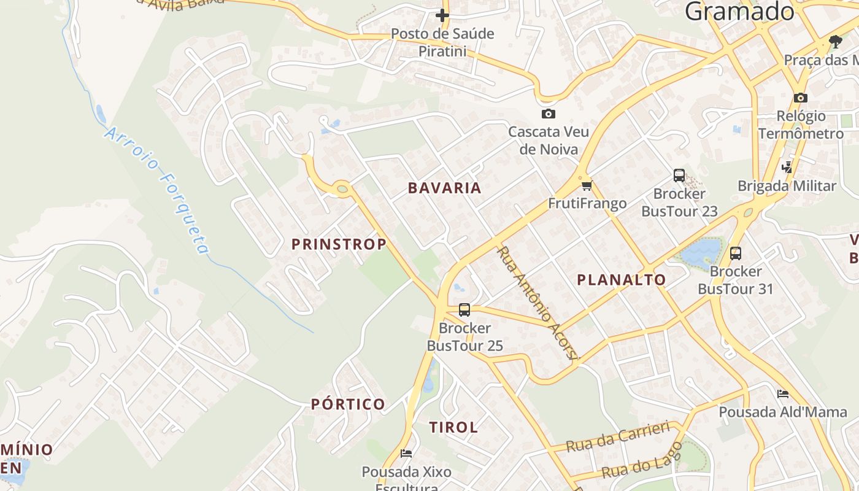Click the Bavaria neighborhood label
pos(445,188)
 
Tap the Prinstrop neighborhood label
pos(339,244)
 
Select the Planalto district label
pos(622,280)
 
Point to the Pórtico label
pos(348,404)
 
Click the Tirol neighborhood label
pos(453,427)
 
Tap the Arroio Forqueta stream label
pos(157,191)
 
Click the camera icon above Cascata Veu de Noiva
pos(549,114)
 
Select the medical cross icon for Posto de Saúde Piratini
pos(442,15)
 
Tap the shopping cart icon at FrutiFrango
pos(587,185)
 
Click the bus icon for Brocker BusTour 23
pos(679,176)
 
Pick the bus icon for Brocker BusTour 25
pos(464,310)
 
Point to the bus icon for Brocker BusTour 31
pos(736,253)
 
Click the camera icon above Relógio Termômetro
pos(800,98)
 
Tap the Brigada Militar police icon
pos(787,167)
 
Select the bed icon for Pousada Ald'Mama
pos(782,393)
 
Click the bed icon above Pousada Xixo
pos(406,454)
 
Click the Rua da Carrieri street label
pos(617,436)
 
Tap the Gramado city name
pos(739,11)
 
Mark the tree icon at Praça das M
pos(835,42)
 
